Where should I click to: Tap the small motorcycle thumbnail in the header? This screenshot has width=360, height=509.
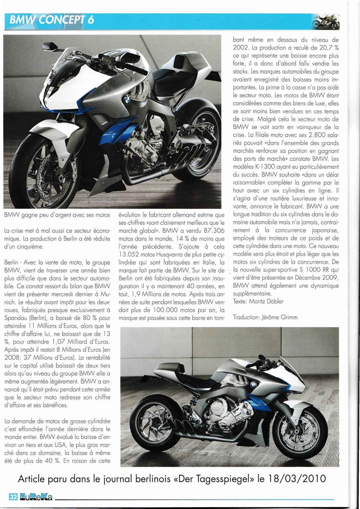(326, 22)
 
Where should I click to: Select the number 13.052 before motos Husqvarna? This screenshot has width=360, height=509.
(132, 254)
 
